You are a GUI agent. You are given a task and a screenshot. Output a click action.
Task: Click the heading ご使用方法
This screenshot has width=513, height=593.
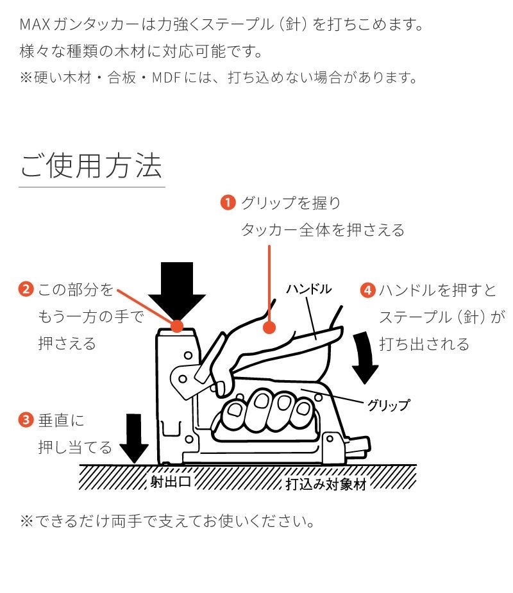[91, 165]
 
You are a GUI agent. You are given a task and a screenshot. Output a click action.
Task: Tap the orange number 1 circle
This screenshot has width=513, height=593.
[228, 203]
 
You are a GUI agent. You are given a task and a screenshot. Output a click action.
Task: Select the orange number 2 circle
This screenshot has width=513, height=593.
[25, 290]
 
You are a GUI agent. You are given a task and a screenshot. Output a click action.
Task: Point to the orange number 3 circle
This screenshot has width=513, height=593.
[25, 421]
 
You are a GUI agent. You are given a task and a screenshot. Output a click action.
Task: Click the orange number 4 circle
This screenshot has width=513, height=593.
[367, 290]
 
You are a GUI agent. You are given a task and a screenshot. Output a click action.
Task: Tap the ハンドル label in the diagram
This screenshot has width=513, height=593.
[308, 289]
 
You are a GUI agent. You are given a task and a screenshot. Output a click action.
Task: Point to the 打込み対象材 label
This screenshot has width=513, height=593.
[325, 483]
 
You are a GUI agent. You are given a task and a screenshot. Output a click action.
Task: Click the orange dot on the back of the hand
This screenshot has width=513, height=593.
[269, 327]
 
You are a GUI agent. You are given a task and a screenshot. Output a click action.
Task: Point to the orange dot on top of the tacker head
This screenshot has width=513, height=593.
[178, 326]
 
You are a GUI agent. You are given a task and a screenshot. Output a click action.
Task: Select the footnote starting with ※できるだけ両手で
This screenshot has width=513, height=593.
[168, 520]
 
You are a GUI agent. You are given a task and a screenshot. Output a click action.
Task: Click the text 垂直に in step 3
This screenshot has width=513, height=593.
[62, 421]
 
